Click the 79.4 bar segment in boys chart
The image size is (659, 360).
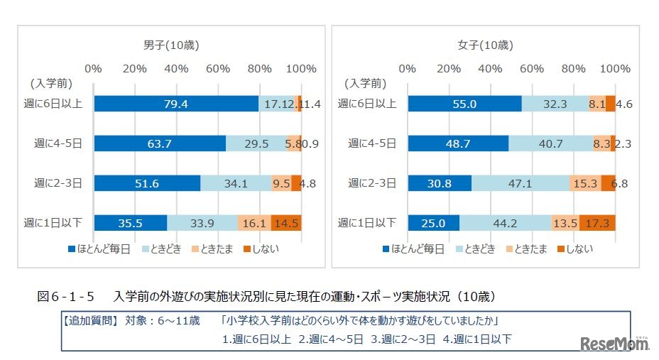(x=176, y=104)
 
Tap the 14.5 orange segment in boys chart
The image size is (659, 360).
(x=286, y=222)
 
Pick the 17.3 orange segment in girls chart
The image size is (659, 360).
(x=597, y=222)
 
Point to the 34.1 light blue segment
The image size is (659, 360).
(x=235, y=182)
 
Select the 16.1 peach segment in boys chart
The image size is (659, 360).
(x=254, y=222)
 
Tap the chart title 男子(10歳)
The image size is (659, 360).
(x=170, y=45)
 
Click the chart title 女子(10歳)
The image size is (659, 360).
(x=484, y=45)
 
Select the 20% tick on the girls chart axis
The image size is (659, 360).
(x=449, y=68)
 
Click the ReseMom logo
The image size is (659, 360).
(x=616, y=344)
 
